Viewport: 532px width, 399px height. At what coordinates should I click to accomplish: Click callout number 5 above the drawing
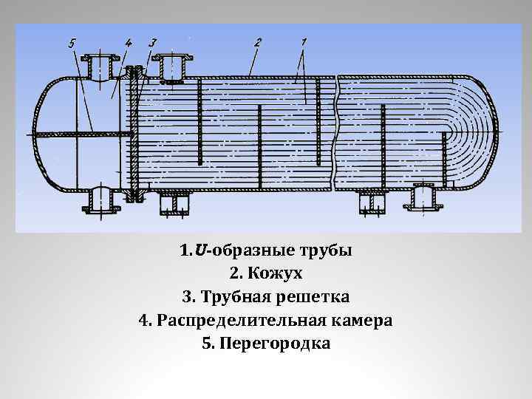click(x=72, y=44)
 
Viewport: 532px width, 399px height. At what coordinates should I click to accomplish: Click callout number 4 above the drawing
click(x=129, y=44)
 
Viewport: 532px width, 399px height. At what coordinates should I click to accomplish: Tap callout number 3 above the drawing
click(x=152, y=43)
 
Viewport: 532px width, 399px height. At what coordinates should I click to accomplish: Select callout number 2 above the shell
click(x=257, y=43)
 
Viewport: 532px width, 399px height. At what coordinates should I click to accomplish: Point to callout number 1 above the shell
click(x=304, y=42)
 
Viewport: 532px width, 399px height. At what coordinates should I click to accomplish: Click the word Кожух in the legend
click(x=277, y=273)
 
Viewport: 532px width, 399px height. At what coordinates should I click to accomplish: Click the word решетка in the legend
click(x=313, y=297)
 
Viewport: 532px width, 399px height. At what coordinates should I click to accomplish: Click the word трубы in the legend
click(x=328, y=250)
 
